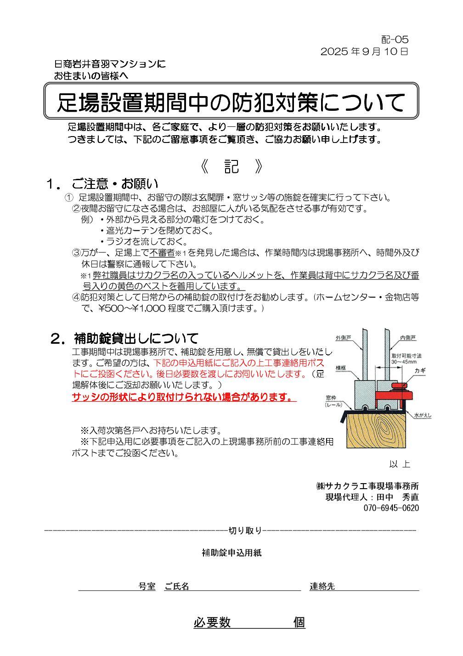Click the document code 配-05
click(395, 39)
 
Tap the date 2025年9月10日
click(364, 51)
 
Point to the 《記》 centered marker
click(231, 166)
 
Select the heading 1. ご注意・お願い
click(102, 184)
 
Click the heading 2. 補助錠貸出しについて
click(124, 338)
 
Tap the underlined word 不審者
click(162, 253)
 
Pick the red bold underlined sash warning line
click(184, 397)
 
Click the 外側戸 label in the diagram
click(343, 338)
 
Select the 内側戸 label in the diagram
click(408, 338)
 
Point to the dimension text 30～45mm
click(404, 362)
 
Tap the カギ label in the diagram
click(420, 371)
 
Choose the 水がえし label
click(423, 415)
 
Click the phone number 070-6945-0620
click(391, 508)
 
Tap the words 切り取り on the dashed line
click(245, 531)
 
